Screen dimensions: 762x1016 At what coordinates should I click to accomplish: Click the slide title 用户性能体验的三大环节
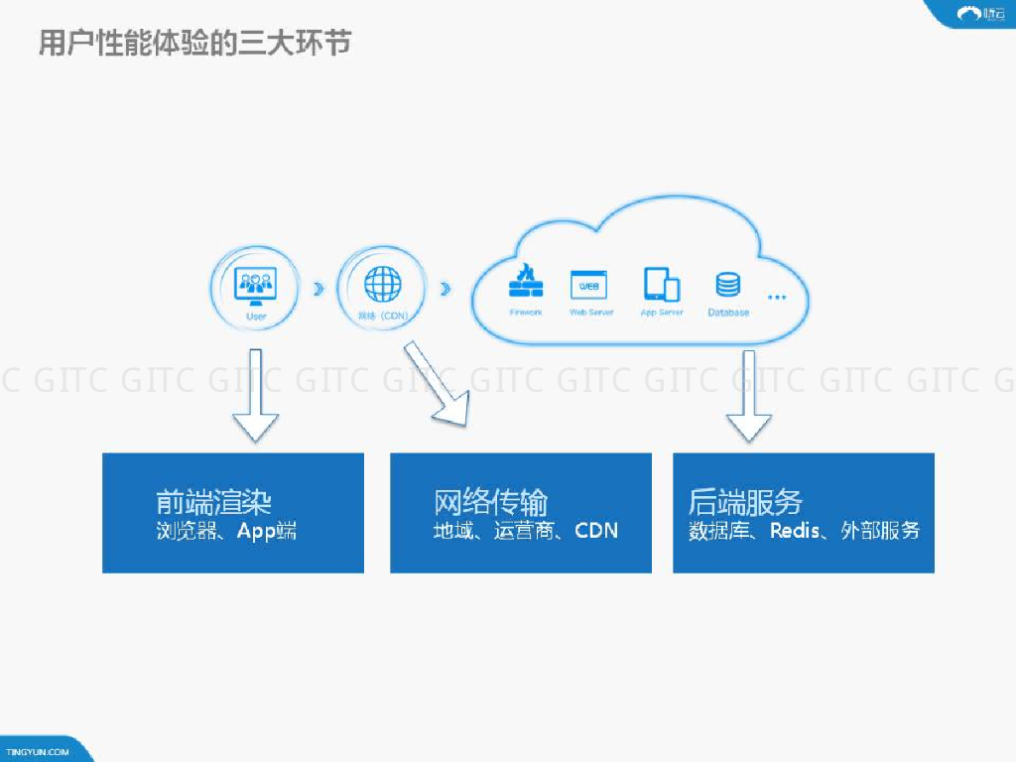pyautogui.click(x=194, y=44)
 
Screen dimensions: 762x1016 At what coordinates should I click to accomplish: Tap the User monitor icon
pyautogui.click(x=255, y=286)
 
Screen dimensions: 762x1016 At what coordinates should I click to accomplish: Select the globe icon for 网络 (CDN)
pyautogui.click(x=382, y=285)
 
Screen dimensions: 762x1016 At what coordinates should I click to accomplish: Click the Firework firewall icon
pyautogui.click(x=526, y=282)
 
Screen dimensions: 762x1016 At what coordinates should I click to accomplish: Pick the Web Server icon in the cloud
pyautogui.click(x=588, y=285)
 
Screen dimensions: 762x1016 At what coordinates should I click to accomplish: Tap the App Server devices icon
pyautogui.click(x=662, y=285)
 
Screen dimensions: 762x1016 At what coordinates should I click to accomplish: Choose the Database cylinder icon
pyautogui.click(x=727, y=285)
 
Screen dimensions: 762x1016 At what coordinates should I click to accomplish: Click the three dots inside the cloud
pyautogui.click(x=777, y=297)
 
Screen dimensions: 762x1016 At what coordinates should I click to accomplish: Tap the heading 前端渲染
pyautogui.click(x=213, y=501)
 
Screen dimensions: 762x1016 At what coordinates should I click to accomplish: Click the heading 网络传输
pyautogui.click(x=491, y=501)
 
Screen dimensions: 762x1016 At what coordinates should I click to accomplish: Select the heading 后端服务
pyautogui.click(x=745, y=501)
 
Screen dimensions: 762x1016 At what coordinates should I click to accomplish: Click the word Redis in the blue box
pyautogui.click(x=795, y=530)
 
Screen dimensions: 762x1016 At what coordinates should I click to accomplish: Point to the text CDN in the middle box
pyautogui.click(x=596, y=530)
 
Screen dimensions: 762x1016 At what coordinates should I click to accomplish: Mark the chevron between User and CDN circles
pyautogui.click(x=317, y=289)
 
